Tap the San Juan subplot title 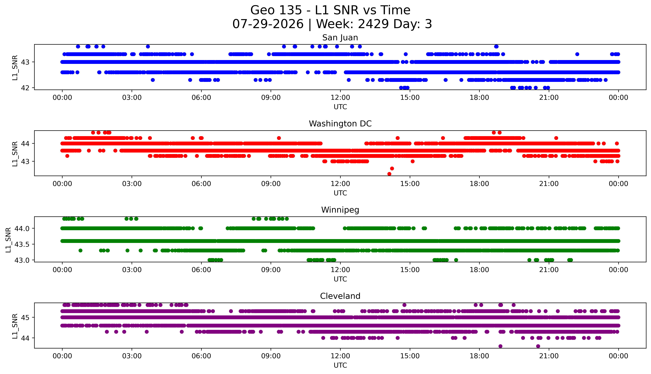pos(340,38)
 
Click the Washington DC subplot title pos(340,124)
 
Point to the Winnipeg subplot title pos(340,210)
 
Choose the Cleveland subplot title pos(340,296)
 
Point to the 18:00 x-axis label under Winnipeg pos(479,270)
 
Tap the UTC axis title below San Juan pos(340,107)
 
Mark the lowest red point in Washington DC pos(389,174)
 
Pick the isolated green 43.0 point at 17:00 pos(456,260)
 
